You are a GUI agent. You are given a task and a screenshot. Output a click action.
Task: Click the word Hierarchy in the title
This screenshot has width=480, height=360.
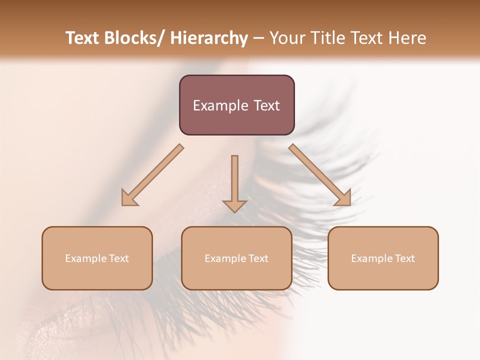pyautogui.click(x=209, y=38)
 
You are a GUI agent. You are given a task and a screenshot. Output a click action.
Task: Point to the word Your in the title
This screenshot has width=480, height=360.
pyautogui.click(x=287, y=38)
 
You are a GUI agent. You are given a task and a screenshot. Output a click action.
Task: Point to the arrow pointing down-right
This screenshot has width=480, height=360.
pyautogui.click(x=320, y=175)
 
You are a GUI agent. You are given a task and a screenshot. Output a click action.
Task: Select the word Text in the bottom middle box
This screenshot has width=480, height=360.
pyautogui.click(x=258, y=258)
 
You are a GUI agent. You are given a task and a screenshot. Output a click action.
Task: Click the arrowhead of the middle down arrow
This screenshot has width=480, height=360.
pyautogui.click(x=234, y=205)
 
